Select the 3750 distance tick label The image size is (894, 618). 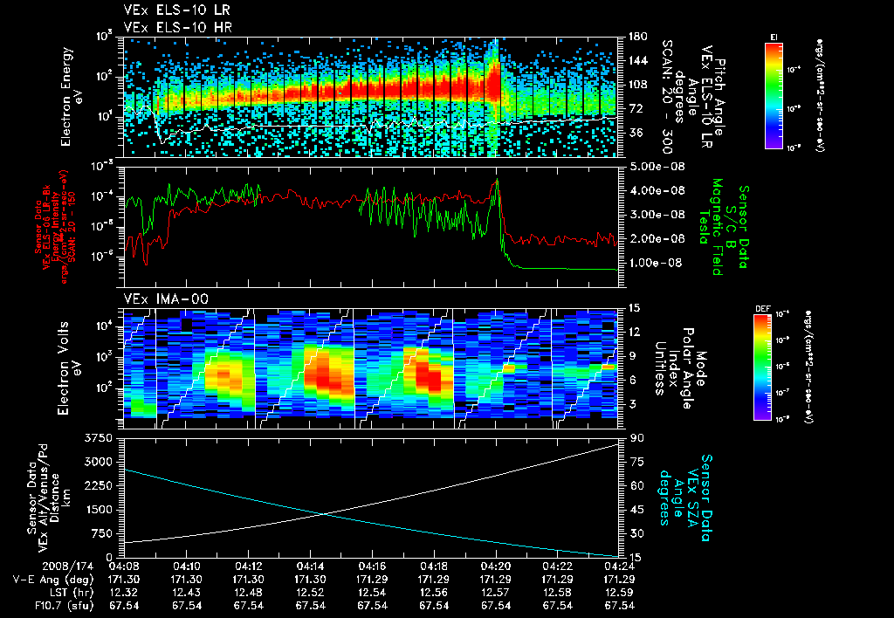[103, 436]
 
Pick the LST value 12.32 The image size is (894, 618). [123, 591]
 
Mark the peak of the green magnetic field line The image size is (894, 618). [497, 179]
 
